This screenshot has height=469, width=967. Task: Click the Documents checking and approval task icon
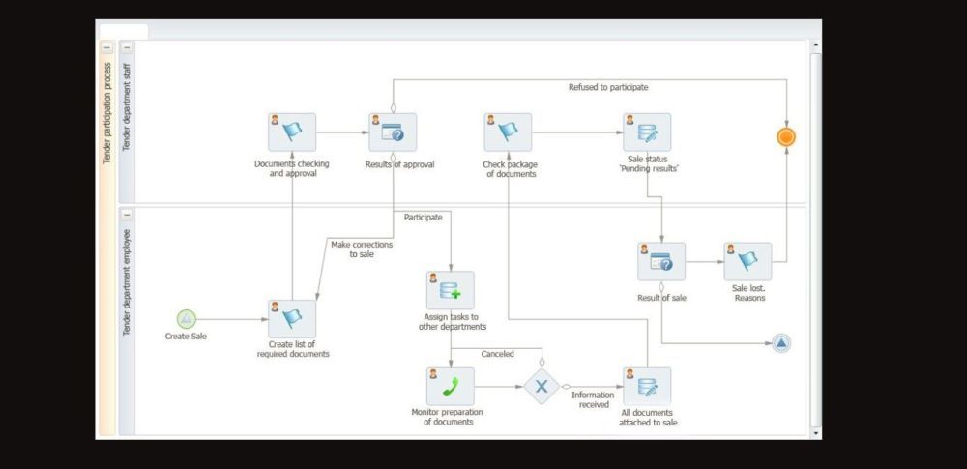point(292,132)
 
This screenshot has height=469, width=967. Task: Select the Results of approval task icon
point(393,132)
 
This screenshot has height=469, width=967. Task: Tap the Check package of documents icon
point(509,132)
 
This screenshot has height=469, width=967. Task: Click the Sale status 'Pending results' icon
point(647,132)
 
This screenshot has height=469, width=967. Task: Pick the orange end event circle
point(786,136)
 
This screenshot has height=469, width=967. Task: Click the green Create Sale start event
point(187,319)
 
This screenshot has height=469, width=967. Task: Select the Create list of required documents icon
point(292,319)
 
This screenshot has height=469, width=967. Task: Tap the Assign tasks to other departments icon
point(451,290)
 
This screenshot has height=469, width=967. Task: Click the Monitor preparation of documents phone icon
point(451,386)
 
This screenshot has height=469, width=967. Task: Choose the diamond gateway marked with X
point(542,387)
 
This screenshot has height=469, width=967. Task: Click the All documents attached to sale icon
point(647,386)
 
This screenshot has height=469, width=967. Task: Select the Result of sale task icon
point(661,261)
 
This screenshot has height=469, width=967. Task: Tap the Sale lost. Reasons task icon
point(747,261)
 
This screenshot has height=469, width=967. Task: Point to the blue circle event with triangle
point(781,343)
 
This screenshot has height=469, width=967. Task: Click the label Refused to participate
point(608,87)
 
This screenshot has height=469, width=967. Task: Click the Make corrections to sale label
point(362,249)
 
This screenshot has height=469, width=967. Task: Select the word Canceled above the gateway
point(498,354)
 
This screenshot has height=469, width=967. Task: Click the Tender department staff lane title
point(126,122)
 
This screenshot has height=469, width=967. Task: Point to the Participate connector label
point(423,218)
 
